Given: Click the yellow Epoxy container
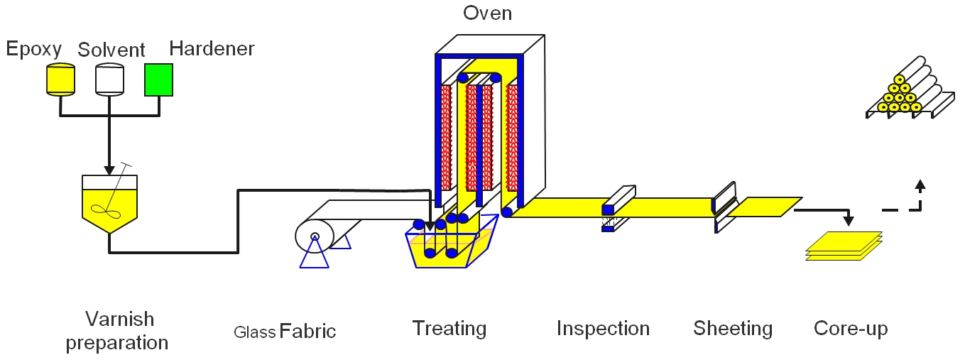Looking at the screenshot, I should pyautogui.click(x=60, y=79).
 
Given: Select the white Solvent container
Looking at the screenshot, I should pyautogui.click(x=110, y=79).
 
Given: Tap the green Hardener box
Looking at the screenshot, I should pyautogui.click(x=159, y=80).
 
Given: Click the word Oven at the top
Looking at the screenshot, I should pyautogui.click(x=487, y=13).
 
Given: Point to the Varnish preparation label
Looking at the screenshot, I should pyautogui.click(x=117, y=330).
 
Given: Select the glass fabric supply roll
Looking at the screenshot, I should pyautogui.click(x=312, y=236).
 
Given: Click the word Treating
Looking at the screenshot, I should pyautogui.click(x=449, y=329).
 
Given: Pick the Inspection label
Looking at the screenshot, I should pyautogui.click(x=603, y=329).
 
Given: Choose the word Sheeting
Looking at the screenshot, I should pyautogui.click(x=733, y=329).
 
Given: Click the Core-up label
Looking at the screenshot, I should pyautogui.click(x=851, y=329).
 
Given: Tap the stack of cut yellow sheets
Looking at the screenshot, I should pyautogui.click(x=844, y=246).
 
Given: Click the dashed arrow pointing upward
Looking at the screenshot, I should pyautogui.click(x=920, y=187).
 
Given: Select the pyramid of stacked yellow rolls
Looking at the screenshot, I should pyautogui.click(x=899, y=97).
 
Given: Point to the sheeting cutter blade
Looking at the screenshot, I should pyautogui.click(x=725, y=206).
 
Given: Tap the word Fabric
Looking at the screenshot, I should pyautogui.click(x=307, y=331).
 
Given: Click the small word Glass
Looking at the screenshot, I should pyautogui.click(x=254, y=332).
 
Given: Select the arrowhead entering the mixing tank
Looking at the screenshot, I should pyautogui.click(x=109, y=170).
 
